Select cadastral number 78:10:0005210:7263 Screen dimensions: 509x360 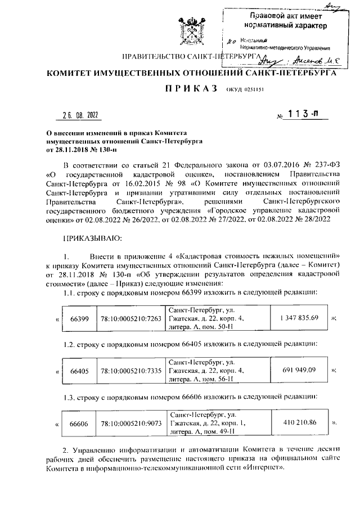click(x=130, y=318)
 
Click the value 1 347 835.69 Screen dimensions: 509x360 click(x=299, y=318)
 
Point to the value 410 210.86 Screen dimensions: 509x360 click(x=299, y=422)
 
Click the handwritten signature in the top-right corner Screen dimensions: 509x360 click(x=330, y=6)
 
